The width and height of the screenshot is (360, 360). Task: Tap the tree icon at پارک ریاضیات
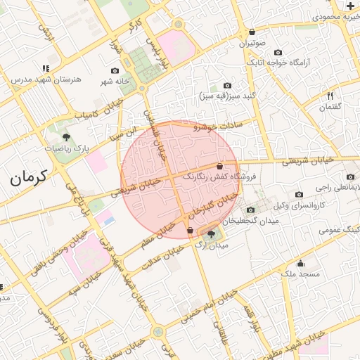66,138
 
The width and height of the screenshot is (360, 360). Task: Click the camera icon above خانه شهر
115,70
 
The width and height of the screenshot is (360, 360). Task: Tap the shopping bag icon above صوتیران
252,32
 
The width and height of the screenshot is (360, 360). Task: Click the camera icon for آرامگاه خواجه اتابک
277,52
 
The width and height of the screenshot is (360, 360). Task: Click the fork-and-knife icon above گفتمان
330,96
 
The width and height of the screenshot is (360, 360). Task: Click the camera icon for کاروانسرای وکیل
300,195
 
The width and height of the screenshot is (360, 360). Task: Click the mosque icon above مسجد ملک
301,264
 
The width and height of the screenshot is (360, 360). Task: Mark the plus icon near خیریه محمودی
351,6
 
